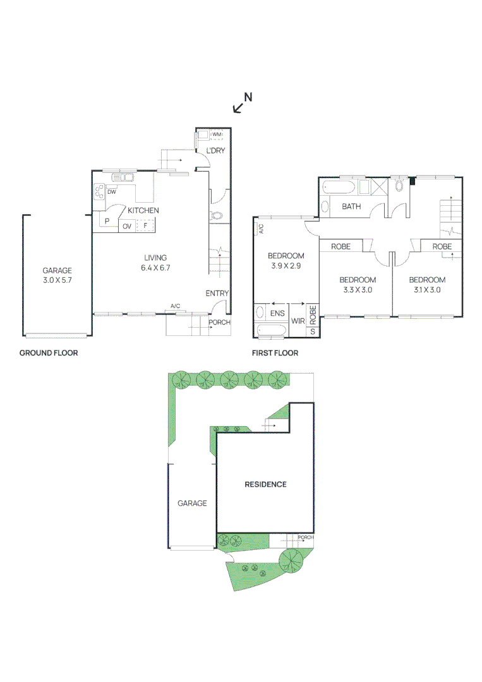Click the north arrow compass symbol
click(x=243, y=103)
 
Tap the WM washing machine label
click(x=217, y=135)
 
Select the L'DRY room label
click(x=215, y=150)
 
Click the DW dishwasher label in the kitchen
click(x=112, y=192)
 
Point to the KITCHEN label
click(x=143, y=210)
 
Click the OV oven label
click(x=127, y=226)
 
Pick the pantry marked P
click(x=107, y=221)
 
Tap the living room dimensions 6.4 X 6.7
click(x=155, y=268)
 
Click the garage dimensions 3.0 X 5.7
click(x=57, y=280)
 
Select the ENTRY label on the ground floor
click(x=217, y=294)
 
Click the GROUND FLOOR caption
click(x=49, y=353)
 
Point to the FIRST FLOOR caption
click(x=275, y=353)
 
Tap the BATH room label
click(x=351, y=206)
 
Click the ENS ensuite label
click(x=277, y=313)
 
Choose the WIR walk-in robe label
click(x=298, y=321)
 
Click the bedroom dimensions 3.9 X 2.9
click(x=286, y=266)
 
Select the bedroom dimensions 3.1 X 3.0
click(x=427, y=290)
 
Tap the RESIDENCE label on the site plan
click(x=265, y=484)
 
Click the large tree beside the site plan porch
click(x=291, y=561)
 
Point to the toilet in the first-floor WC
click(x=399, y=186)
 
